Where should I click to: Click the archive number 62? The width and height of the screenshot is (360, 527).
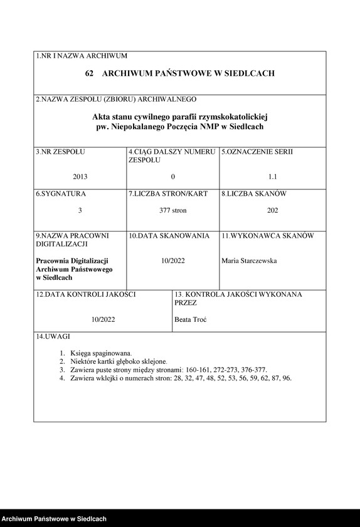pos(89,74)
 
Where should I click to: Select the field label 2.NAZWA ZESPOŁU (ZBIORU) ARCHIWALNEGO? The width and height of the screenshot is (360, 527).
pos(116,99)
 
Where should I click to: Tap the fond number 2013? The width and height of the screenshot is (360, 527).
pos(80,176)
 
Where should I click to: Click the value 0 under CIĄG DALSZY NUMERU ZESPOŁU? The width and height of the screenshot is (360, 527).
pos(173,176)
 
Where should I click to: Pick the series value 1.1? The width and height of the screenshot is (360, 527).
pos(272,176)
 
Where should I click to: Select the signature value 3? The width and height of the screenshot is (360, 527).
pos(80,210)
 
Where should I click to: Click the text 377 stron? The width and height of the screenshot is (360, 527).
pos(173,210)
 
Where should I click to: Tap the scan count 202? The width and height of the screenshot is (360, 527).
pos(272,210)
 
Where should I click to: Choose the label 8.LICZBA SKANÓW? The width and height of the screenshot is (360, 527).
pos(254,194)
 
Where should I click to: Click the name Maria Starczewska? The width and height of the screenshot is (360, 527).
pos(249,260)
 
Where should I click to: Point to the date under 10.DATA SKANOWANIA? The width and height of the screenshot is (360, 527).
pos(173,260)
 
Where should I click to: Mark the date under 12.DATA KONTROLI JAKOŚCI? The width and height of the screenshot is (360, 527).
pos(102,319)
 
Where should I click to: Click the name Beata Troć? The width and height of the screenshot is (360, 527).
pos(191,319)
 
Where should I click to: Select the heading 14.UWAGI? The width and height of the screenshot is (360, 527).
pos(53,337)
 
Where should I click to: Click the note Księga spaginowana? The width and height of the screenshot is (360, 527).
pos(101,353)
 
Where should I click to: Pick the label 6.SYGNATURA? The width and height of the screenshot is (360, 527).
pos(61,194)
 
